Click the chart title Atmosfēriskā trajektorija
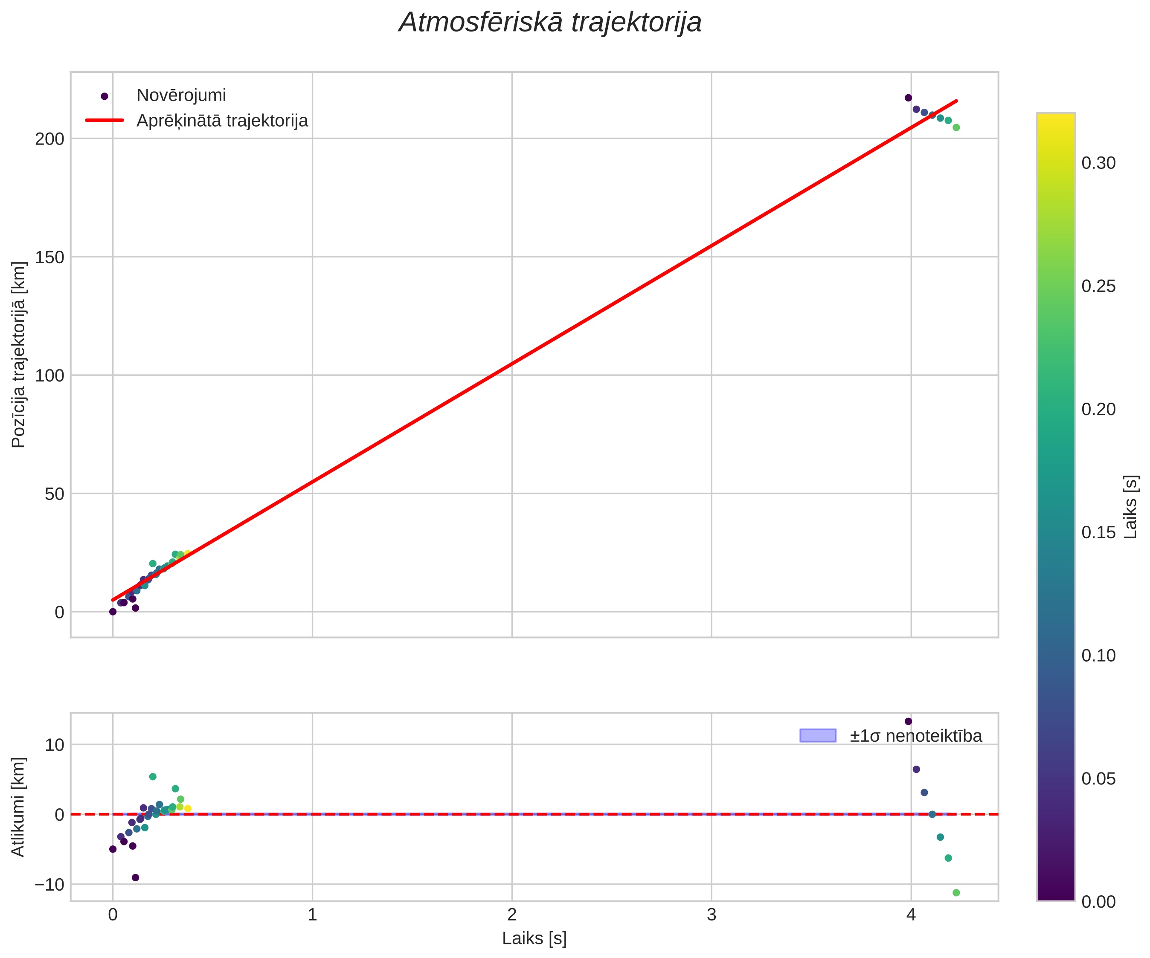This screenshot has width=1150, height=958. (x=550, y=23)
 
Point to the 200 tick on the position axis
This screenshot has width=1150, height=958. (x=50, y=139)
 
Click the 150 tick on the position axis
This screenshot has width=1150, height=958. (x=50, y=257)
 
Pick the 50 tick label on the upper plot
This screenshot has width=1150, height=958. (x=55, y=494)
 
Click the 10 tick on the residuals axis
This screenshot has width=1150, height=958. (x=55, y=745)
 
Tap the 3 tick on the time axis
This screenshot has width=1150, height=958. (x=711, y=915)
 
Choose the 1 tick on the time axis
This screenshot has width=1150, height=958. (x=312, y=915)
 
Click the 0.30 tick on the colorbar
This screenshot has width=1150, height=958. (x=1098, y=163)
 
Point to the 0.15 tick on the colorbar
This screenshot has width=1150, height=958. (x=1098, y=532)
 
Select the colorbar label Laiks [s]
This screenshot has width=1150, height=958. (x=1131, y=507)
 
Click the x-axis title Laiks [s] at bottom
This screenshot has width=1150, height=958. (x=534, y=938)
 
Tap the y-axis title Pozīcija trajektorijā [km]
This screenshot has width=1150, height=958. (x=19, y=354)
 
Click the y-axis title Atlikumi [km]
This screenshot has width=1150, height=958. (x=19, y=807)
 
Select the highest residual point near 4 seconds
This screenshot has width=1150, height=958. (x=908, y=721)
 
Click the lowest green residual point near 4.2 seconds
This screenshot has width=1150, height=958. (x=956, y=893)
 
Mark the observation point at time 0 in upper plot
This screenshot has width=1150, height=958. (x=113, y=612)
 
